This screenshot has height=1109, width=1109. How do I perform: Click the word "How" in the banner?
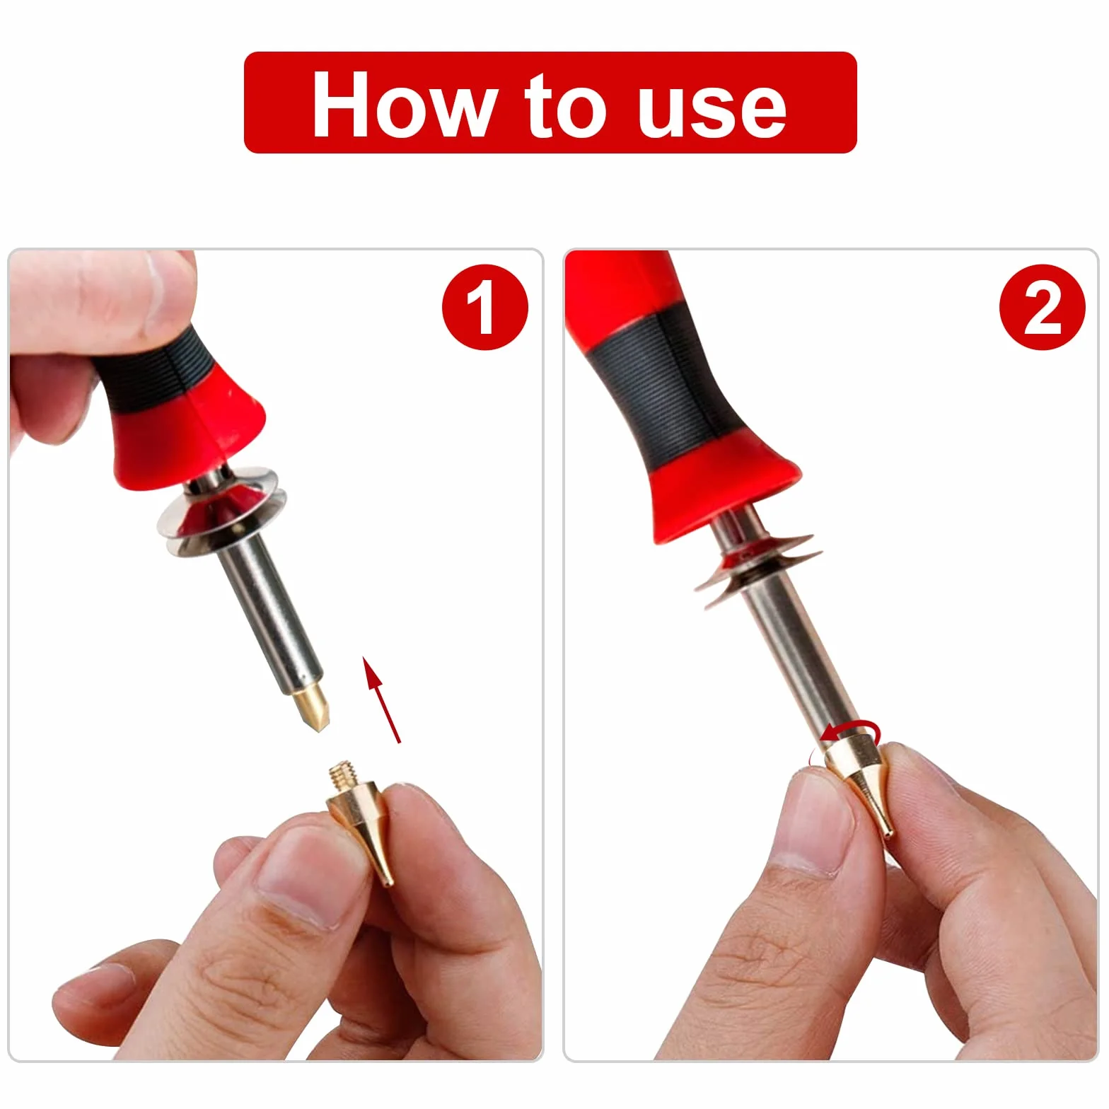(402, 104)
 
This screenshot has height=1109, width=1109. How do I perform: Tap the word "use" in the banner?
(712, 110)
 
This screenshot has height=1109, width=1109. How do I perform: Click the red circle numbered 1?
(485, 307)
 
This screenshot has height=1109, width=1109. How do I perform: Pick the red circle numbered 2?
(1042, 307)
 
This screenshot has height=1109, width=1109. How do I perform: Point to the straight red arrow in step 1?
(381, 699)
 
